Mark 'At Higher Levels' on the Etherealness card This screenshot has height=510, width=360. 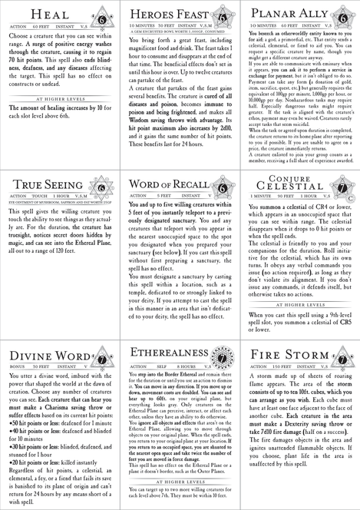[x=178, y=481]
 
